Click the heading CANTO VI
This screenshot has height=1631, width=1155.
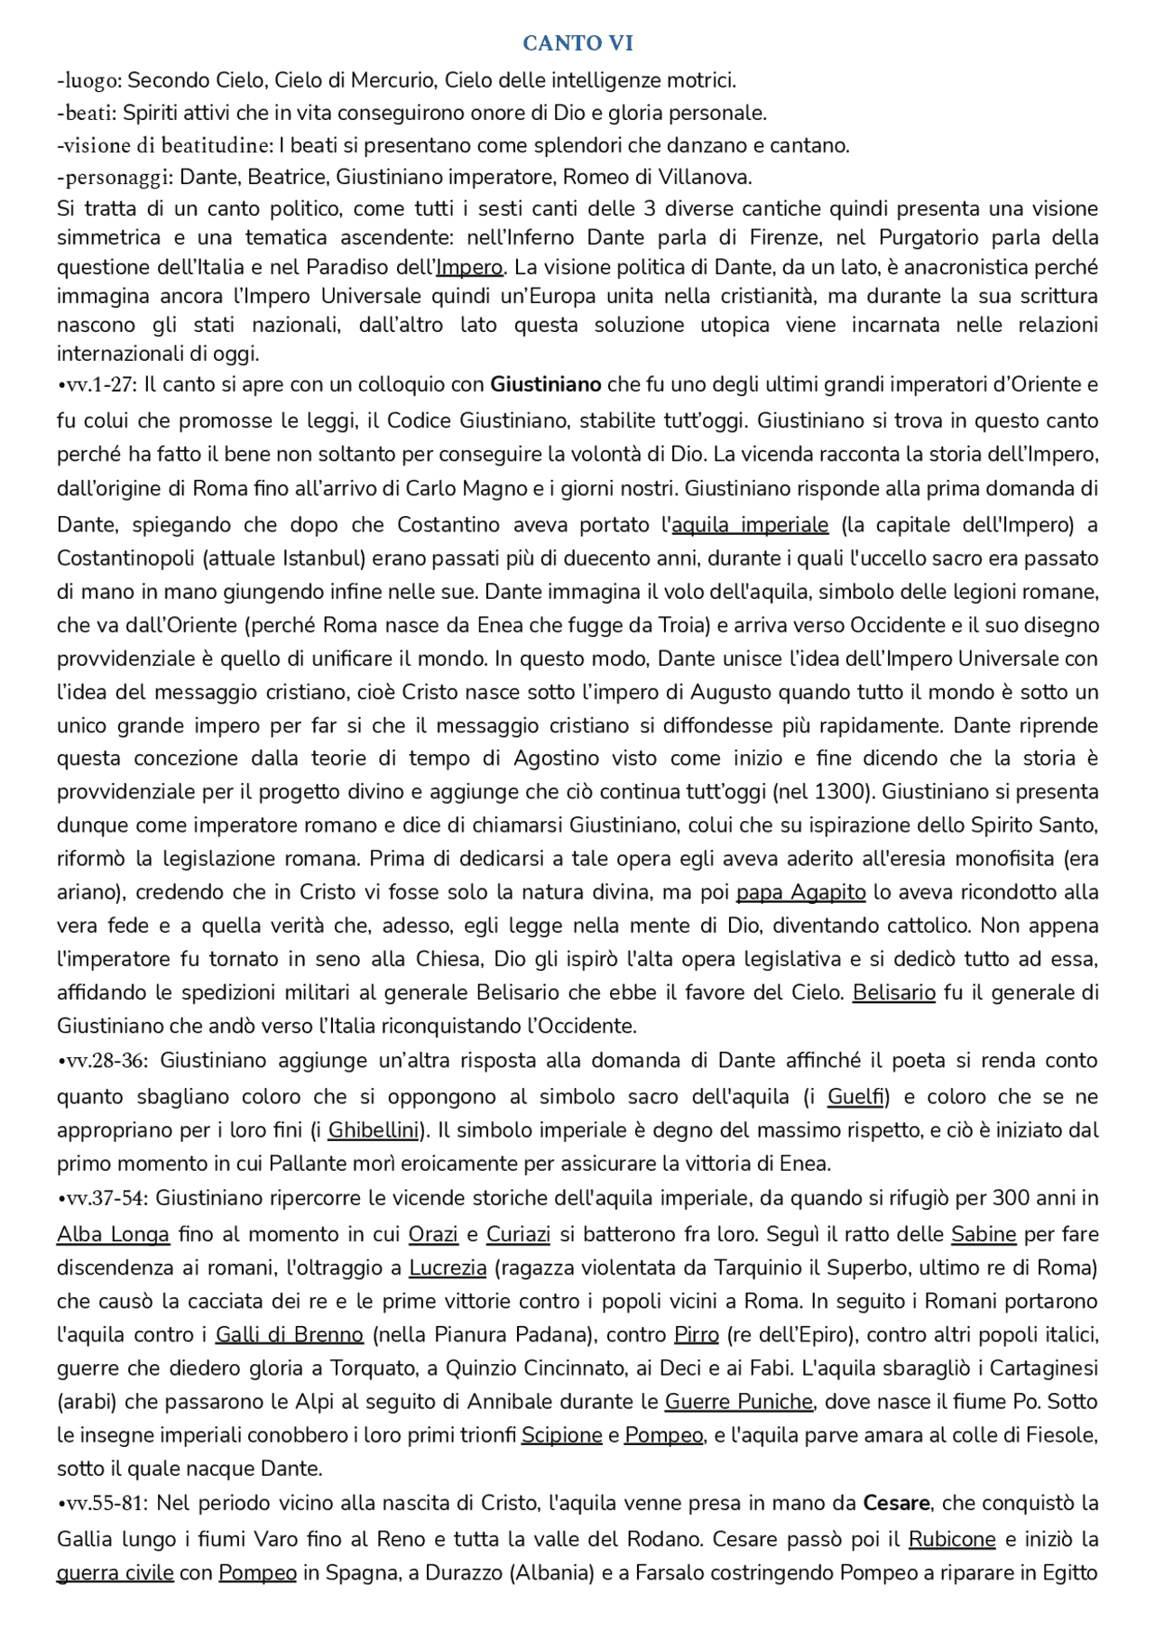click(x=577, y=42)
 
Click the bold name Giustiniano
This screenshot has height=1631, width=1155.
click(x=545, y=385)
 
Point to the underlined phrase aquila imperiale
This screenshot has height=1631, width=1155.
click(x=750, y=525)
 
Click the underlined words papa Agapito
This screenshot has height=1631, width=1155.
click(x=800, y=892)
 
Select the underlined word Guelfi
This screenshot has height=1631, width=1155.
click(x=855, y=1097)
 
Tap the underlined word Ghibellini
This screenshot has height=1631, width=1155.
click(x=374, y=1130)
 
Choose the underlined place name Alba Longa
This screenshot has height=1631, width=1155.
click(x=113, y=1234)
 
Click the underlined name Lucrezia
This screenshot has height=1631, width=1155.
click(x=448, y=1267)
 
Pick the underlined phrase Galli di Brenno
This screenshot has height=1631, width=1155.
click(x=289, y=1334)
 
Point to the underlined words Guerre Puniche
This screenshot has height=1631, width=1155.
click(x=739, y=1402)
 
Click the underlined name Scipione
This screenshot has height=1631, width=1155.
click(x=561, y=1435)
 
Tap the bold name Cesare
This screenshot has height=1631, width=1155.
click(x=896, y=1504)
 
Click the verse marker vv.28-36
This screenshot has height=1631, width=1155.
click(x=104, y=1061)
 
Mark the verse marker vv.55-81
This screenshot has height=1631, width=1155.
click(x=104, y=1504)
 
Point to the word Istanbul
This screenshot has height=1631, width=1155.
click(x=322, y=558)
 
